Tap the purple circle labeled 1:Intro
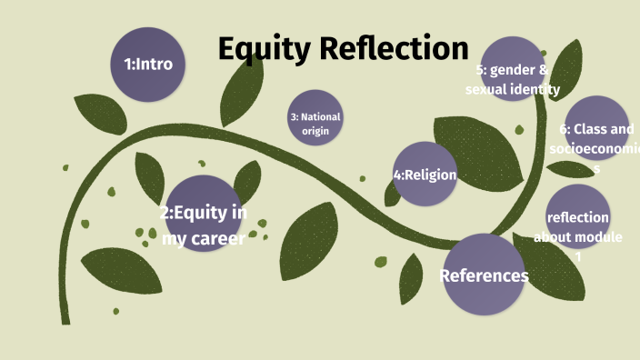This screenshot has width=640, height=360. [x=148, y=65]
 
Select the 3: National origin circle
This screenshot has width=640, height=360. [x=315, y=119]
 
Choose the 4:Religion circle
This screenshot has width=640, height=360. [x=425, y=173]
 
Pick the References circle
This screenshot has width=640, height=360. [x=485, y=275]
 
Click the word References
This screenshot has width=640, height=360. [x=484, y=275]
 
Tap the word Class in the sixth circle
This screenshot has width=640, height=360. [x=591, y=129]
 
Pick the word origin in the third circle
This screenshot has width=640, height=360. [x=315, y=131]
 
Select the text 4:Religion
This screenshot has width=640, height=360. [x=425, y=175]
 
